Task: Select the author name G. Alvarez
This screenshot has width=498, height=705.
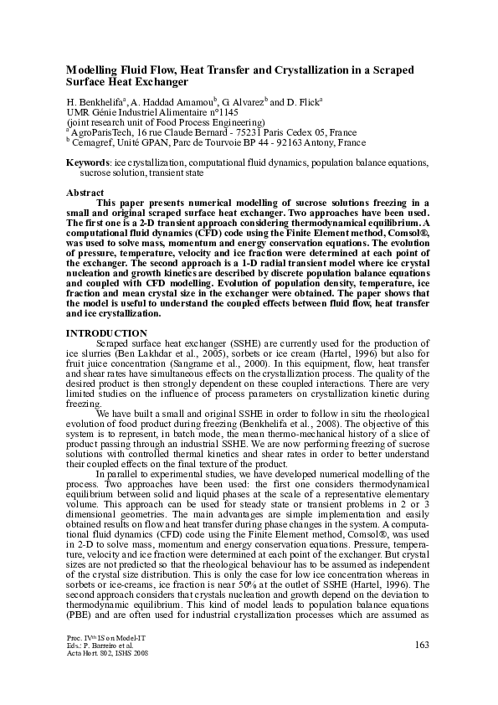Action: pyautogui.click(x=237, y=100)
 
